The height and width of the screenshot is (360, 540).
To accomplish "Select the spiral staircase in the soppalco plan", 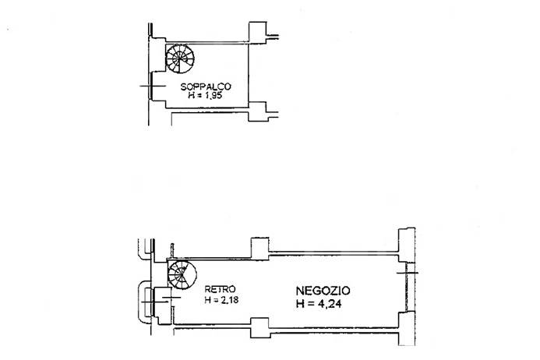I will coord(181,58).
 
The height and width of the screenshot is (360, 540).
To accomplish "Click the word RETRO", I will coord(215,288).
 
